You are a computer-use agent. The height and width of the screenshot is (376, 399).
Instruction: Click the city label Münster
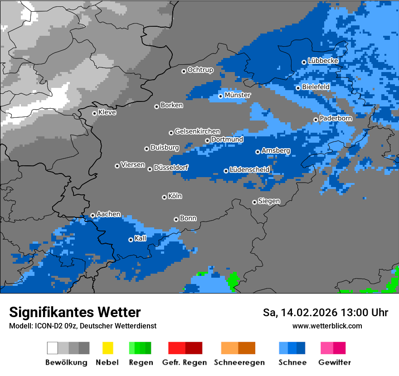[238, 95]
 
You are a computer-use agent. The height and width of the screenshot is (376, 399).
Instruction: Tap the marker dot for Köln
[164, 197]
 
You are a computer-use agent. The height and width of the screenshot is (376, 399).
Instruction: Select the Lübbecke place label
[323, 61]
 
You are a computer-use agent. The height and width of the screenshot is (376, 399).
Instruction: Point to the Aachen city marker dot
[92, 215]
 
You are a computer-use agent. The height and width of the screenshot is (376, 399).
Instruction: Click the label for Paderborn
[336, 118]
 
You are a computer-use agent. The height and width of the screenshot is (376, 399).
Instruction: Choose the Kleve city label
[107, 112]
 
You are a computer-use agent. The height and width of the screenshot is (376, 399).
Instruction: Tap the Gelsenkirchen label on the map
[197, 131]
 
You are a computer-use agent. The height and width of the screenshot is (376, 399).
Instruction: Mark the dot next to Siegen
[254, 202]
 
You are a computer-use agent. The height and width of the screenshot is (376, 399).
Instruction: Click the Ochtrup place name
[200, 70]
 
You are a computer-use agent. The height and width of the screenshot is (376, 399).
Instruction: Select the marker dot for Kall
[131, 240]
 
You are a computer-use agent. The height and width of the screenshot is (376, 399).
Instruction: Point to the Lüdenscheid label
[249, 170]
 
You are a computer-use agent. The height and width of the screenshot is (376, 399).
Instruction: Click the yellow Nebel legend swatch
[107, 348]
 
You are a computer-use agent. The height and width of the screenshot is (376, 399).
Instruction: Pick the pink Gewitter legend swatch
[327, 348]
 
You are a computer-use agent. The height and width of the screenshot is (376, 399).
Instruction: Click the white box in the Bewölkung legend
[53, 348]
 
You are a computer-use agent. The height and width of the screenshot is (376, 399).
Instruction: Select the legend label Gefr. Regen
[185, 362]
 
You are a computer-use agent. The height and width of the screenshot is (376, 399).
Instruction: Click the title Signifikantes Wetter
[75, 313]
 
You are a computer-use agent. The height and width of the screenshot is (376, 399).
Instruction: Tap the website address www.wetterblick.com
[327, 326]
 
